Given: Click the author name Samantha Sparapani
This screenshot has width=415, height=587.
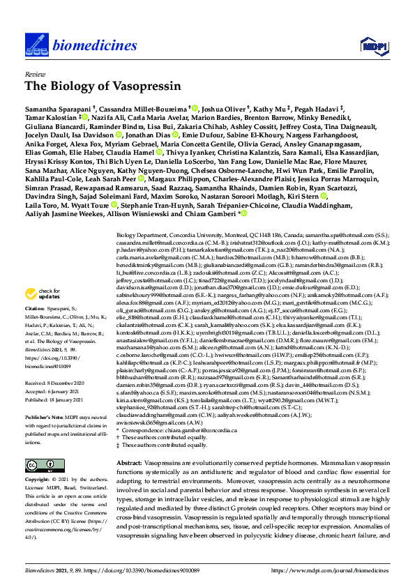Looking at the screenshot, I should pyautogui.click(x=57, y=109).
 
